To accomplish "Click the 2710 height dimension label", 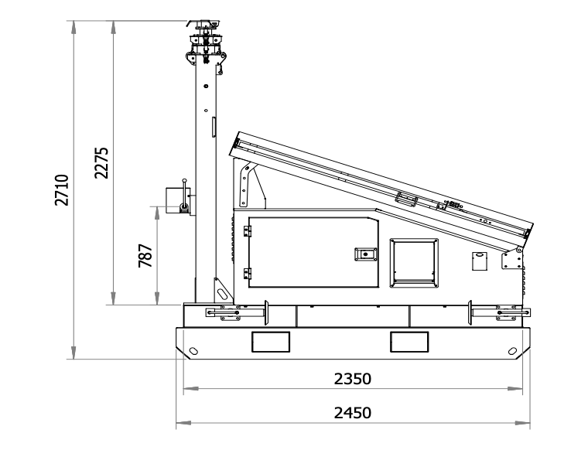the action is [62, 189].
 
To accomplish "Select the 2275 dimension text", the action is [101, 162].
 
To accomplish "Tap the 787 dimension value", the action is [145, 256].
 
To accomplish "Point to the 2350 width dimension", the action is [353, 379].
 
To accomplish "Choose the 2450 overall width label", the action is [353, 413].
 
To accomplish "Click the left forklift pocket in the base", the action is [271, 342].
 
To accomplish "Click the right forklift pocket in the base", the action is [409, 342].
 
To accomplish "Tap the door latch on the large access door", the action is [366, 254].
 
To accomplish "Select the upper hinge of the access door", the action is [247, 231].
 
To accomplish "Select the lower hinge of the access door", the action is [247, 273].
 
